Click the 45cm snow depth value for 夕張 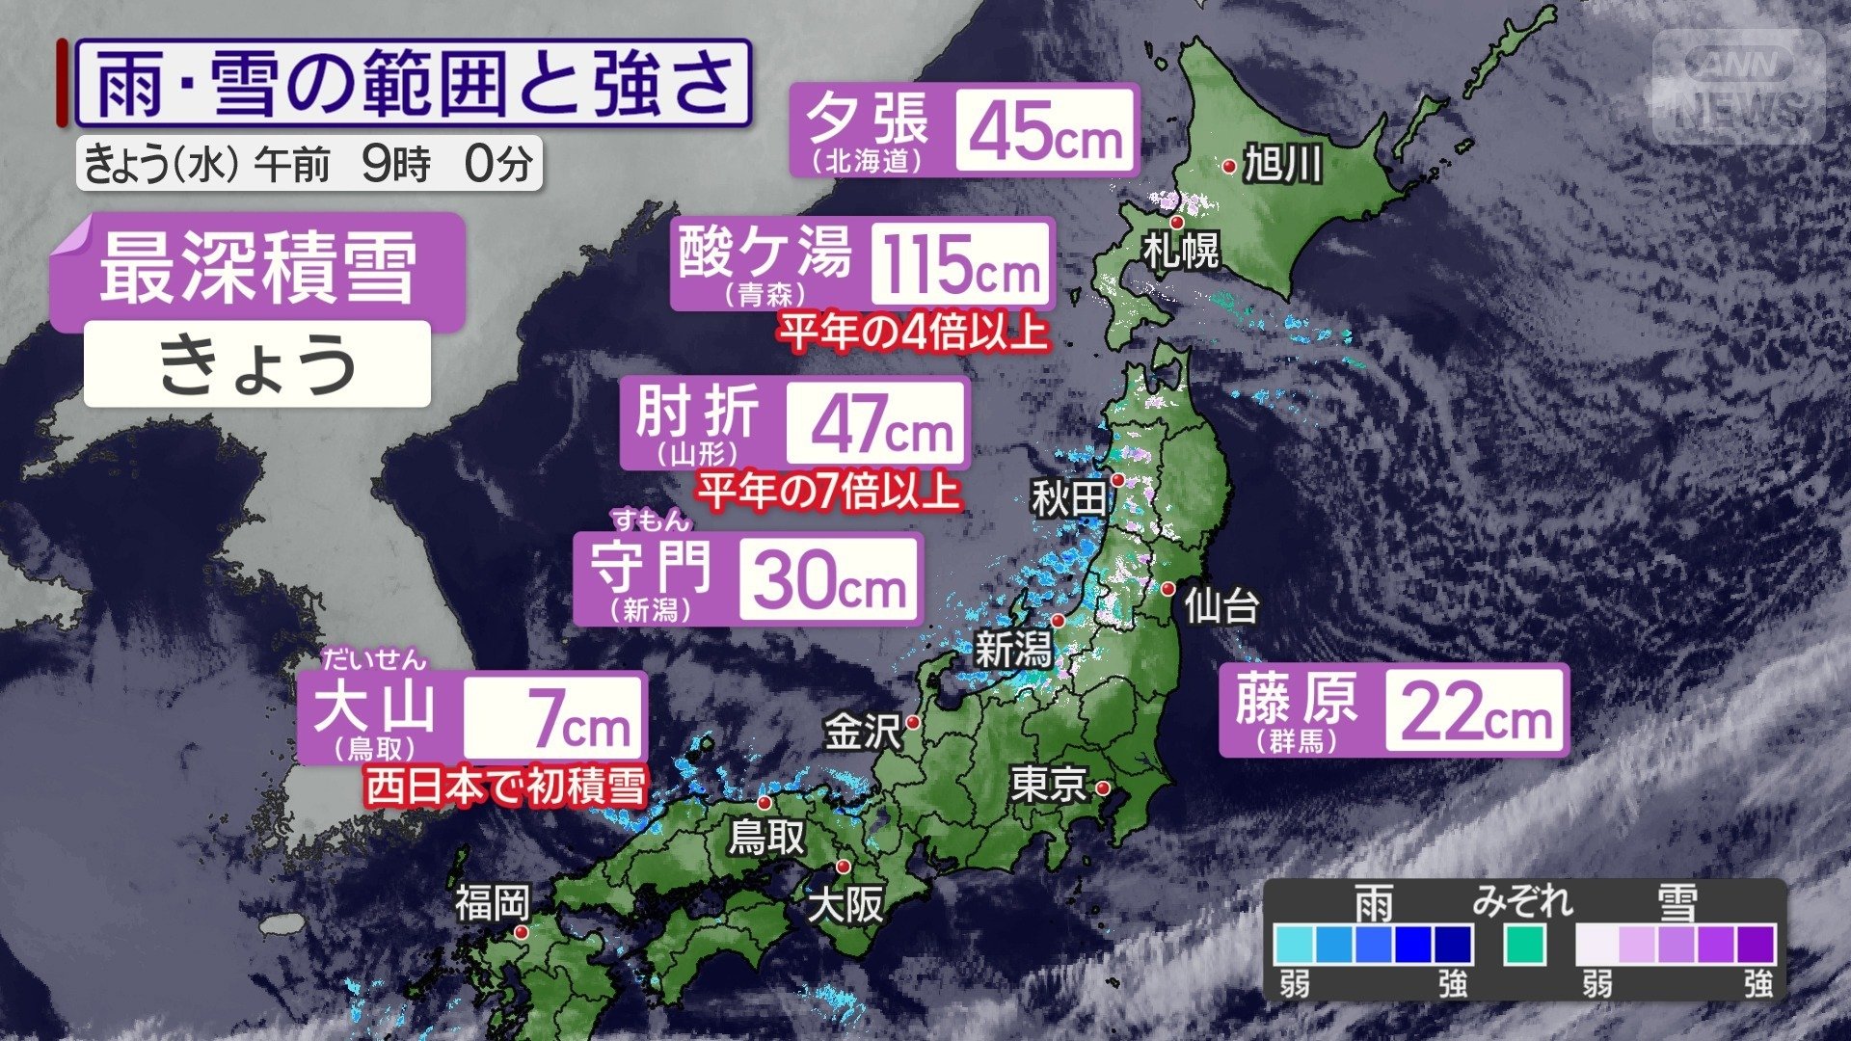point(1045,131)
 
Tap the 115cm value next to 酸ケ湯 point(961,264)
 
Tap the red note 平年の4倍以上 point(913,333)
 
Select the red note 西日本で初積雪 point(505,787)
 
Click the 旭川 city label point(1282,165)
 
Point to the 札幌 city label point(1181,251)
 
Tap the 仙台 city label point(1221,606)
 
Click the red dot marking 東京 point(1103,788)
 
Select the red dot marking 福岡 point(522,932)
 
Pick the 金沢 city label point(862,732)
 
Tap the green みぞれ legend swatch point(1524,944)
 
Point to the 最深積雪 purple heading point(258,270)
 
